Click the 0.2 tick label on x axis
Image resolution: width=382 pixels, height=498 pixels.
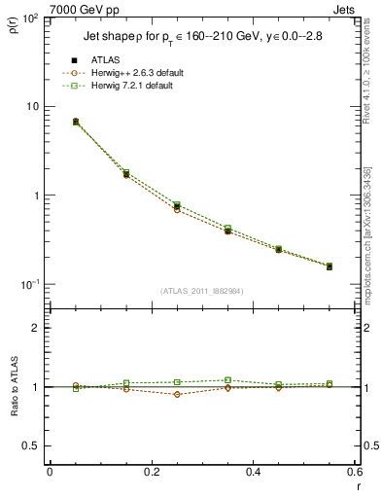click(x=151, y=472)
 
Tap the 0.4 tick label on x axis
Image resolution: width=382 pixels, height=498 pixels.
click(x=253, y=472)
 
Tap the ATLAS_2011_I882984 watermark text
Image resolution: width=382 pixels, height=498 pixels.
click(x=201, y=290)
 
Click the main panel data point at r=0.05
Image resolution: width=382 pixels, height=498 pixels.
click(x=50, y=122)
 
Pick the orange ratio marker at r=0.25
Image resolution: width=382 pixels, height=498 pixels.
click(x=177, y=394)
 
